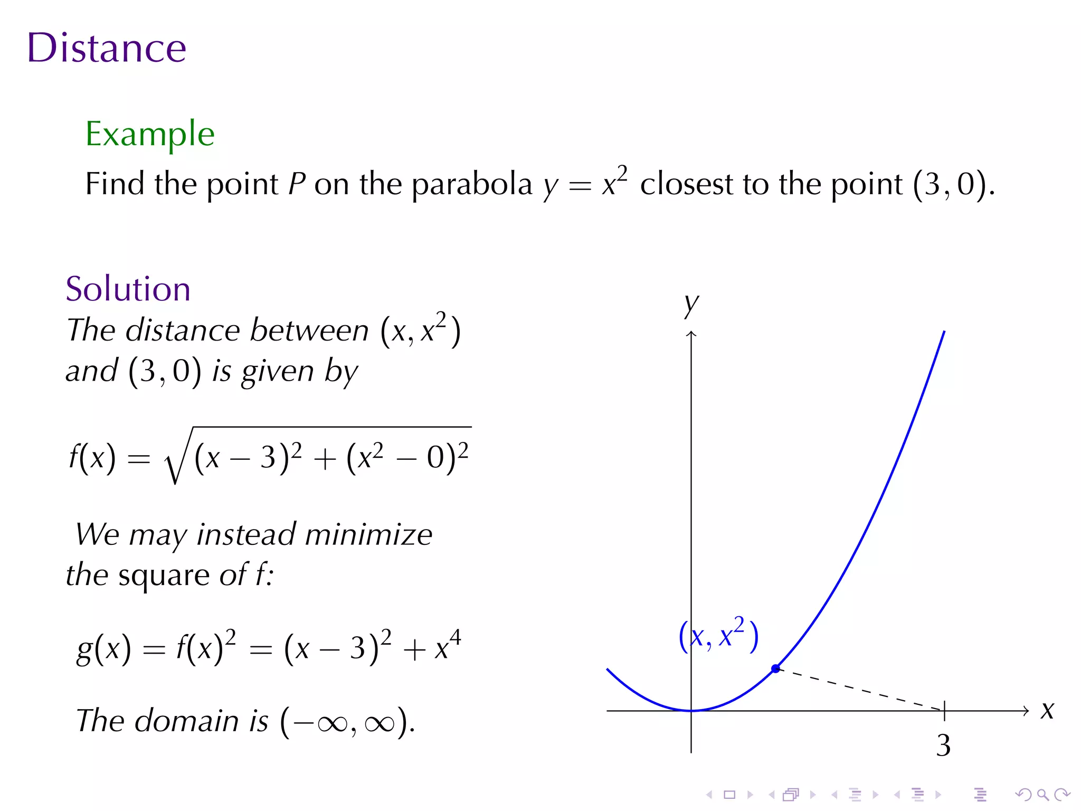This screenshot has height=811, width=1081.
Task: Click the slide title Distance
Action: click(x=107, y=48)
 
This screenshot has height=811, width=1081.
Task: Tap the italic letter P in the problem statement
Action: click(x=297, y=184)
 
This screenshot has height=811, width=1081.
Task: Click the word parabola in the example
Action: click(x=472, y=185)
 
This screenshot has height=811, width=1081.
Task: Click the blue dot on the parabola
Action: click(x=775, y=668)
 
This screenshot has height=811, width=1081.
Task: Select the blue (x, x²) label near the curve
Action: click(x=718, y=635)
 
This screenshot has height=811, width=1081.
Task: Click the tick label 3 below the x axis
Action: click(x=943, y=745)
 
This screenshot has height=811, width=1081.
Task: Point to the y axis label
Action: click(x=691, y=305)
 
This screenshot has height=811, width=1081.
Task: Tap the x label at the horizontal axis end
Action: click(x=1047, y=711)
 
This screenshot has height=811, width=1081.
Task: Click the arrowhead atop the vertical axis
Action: click(x=691, y=334)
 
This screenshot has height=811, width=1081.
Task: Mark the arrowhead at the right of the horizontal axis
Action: click(x=1026, y=711)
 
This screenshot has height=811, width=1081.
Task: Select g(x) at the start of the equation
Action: click(x=103, y=648)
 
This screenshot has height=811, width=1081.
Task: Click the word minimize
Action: click(x=368, y=534)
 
